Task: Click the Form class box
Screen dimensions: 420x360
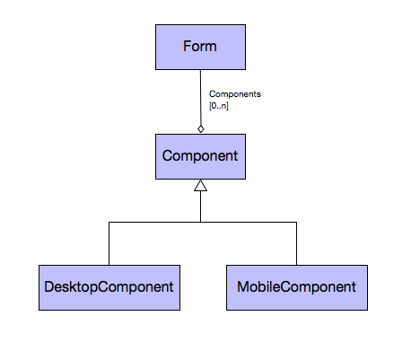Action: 200,48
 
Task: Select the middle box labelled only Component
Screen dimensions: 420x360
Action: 200,156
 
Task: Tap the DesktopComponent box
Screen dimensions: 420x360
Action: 109,287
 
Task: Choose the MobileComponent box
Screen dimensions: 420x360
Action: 297,287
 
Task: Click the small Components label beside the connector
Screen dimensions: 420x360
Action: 235,94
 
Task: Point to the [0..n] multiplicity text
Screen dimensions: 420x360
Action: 219,106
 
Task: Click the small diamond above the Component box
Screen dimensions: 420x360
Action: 201,129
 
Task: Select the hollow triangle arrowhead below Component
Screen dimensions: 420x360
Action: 200,185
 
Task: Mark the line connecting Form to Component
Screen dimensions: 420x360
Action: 200,98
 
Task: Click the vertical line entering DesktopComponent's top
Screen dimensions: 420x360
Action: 109,243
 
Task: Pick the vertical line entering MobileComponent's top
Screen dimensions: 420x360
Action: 296,243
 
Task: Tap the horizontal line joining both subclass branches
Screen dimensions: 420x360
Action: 203,222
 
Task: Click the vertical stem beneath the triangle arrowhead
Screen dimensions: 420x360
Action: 200,206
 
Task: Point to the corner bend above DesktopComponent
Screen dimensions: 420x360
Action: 109,222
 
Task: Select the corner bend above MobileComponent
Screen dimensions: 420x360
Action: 296,222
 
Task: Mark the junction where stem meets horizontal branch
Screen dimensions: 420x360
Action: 200,222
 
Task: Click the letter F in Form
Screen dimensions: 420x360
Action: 187,47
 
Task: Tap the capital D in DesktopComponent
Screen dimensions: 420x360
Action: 48,286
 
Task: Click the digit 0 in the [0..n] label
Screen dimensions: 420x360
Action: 213,106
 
